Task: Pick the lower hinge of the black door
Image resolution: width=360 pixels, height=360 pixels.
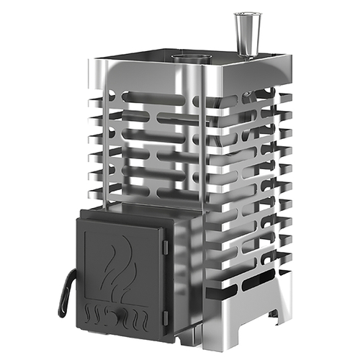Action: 166,315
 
